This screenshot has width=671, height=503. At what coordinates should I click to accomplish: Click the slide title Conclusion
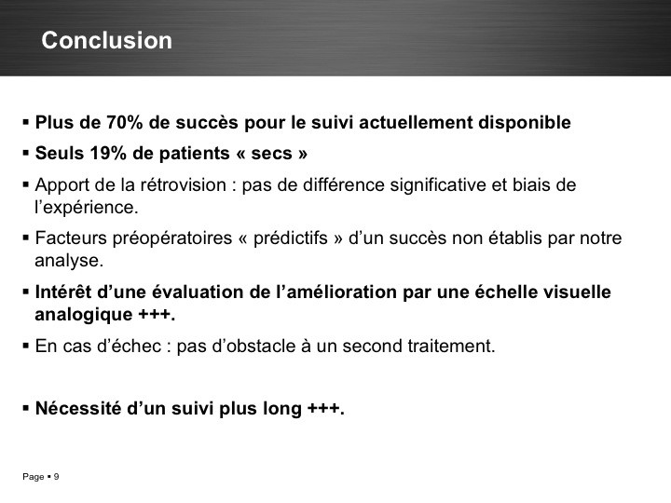click(106, 40)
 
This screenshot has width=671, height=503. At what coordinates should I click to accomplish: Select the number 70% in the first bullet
click(125, 122)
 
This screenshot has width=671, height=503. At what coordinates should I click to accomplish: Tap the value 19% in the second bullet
click(108, 153)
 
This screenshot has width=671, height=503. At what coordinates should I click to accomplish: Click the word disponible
click(524, 123)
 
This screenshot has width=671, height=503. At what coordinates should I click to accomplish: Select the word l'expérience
click(87, 208)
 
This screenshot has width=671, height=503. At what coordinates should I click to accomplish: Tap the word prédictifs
click(291, 238)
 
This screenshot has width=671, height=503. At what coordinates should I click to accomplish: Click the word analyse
click(69, 261)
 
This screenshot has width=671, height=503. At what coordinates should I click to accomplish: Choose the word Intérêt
click(63, 292)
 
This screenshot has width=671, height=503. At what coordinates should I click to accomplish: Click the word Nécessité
click(78, 408)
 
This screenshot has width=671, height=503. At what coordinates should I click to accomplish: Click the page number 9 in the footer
click(56, 477)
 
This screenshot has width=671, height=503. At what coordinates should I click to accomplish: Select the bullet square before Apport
click(26, 185)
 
